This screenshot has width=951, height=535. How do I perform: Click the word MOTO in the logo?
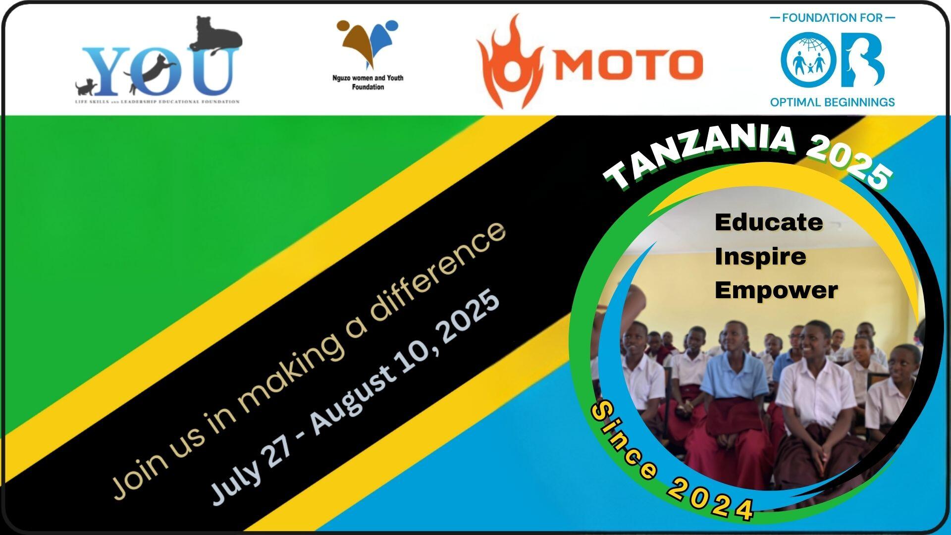(627, 64)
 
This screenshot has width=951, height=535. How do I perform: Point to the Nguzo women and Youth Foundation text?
(368, 82)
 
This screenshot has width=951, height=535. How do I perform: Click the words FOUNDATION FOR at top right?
(832, 18)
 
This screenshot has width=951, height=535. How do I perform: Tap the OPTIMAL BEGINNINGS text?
(832, 103)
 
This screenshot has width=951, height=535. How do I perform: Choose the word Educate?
(769, 222)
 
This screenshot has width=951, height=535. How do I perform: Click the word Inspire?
(760, 257)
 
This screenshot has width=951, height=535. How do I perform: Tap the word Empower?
(776, 290)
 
